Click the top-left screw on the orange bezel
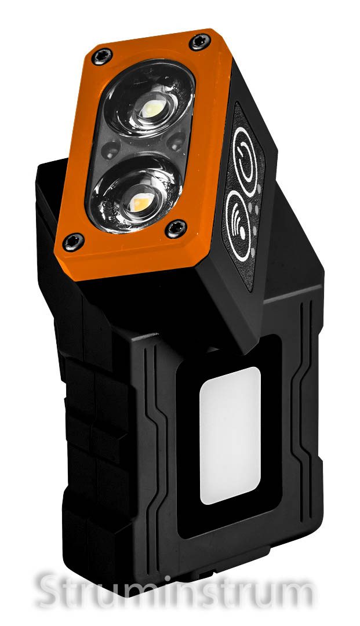pos(102,57)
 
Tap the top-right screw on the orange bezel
pos(200,42)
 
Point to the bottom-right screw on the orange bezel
pos(176,228)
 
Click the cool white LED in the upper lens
pos(153,108)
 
